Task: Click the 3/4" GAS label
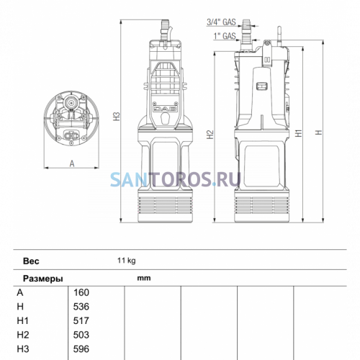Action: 221,22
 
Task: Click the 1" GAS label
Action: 225,36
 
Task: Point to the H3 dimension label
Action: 117,117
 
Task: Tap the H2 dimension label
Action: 210,135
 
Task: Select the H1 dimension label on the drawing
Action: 298,133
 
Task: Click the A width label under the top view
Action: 72,163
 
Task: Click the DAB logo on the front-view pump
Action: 165,109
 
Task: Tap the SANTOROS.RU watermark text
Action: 176,179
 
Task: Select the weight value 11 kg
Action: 127,261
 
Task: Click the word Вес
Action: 31,261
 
